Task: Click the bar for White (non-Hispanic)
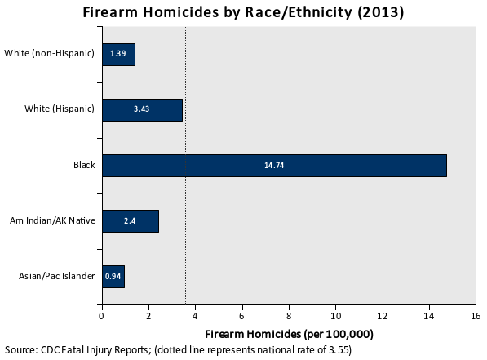click(x=118, y=55)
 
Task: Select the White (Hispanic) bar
click(x=142, y=110)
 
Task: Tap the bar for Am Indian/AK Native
click(x=131, y=221)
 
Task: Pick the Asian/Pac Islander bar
click(x=113, y=277)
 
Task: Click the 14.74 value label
click(x=274, y=166)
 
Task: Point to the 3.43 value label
click(x=141, y=109)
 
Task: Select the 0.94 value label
click(x=113, y=277)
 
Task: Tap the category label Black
click(x=84, y=165)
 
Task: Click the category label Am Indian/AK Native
click(x=52, y=220)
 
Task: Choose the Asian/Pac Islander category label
click(x=56, y=276)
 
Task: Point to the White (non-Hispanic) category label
click(x=49, y=53)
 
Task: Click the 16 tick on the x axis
click(x=476, y=316)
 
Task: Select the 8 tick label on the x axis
click(x=289, y=316)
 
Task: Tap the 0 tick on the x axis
click(x=101, y=316)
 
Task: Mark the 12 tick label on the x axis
click(x=382, y=316)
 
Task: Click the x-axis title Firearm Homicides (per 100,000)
click(x=289, y=334)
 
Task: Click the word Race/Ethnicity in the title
click(x=299, y=12)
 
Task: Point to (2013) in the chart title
click(x=381, y=12)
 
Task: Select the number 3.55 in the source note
click(x=339, y=350)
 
